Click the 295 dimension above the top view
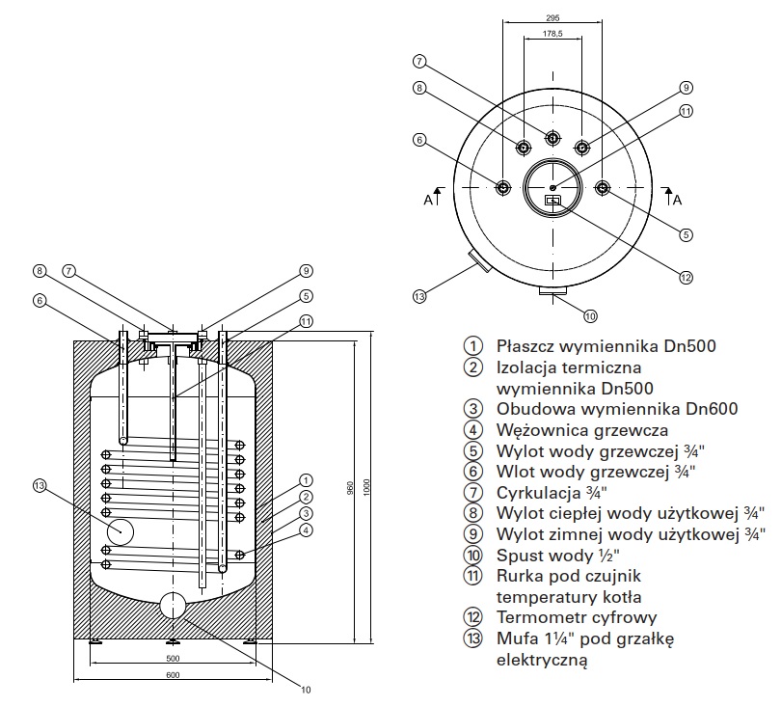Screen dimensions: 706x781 [x=552, y=17]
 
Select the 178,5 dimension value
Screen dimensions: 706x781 [x=552, y=35]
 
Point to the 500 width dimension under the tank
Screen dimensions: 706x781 [x=173, y=659]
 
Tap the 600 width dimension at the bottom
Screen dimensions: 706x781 [x=173, y=675]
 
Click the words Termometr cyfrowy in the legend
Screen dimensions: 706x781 [x=577, y=617]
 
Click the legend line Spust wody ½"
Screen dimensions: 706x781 [x=557, y=555]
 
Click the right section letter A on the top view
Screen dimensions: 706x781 [x=677, y=200]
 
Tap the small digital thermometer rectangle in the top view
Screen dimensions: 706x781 [x=553, y=201]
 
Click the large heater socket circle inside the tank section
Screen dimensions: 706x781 [x=121, y=530]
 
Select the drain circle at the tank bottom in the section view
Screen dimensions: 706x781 [x=173, y=606]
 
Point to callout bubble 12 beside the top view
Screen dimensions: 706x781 [x=686, y=278]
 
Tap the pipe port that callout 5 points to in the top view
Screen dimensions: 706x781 [x=603, y=187]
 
